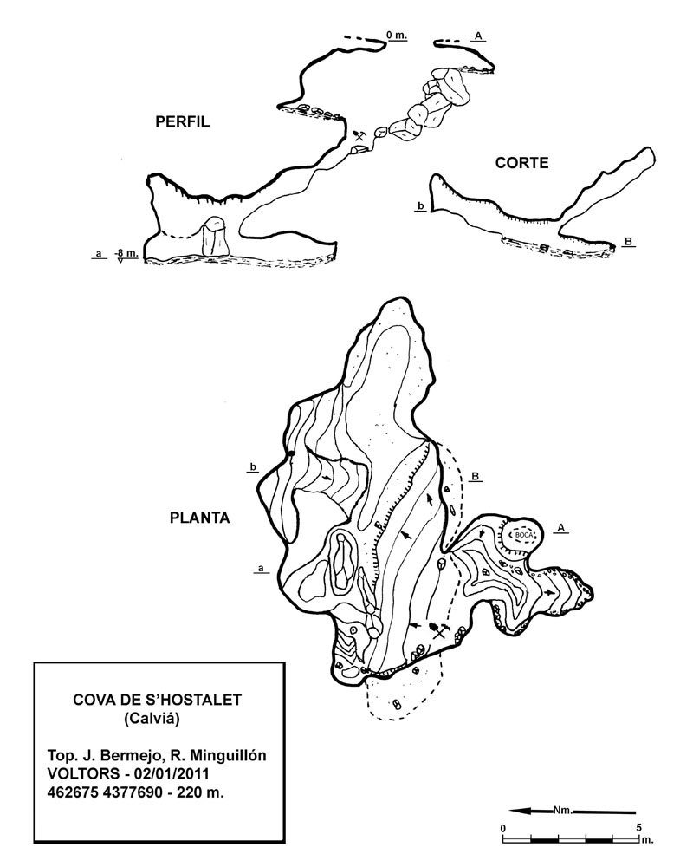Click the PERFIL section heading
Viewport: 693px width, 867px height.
click(183, 121)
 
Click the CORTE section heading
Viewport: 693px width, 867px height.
click(521, 163)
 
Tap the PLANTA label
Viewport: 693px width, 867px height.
click(199, 518)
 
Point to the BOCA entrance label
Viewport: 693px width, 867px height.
click(522, 535)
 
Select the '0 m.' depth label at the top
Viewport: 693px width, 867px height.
click(396, 36)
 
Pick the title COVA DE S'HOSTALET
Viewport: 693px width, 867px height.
click(158, 700)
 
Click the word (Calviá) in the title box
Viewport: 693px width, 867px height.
click(152, 719)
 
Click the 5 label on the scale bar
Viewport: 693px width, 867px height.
click(638, 828)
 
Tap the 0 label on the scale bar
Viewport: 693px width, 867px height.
click(503, 828)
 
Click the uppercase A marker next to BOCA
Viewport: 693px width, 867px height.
click(561, 528)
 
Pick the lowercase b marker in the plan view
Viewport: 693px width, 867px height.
click(253, 467)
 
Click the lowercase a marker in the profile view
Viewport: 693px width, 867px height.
click(100, 254)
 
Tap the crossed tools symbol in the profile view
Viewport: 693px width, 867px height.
click(359, 135)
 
